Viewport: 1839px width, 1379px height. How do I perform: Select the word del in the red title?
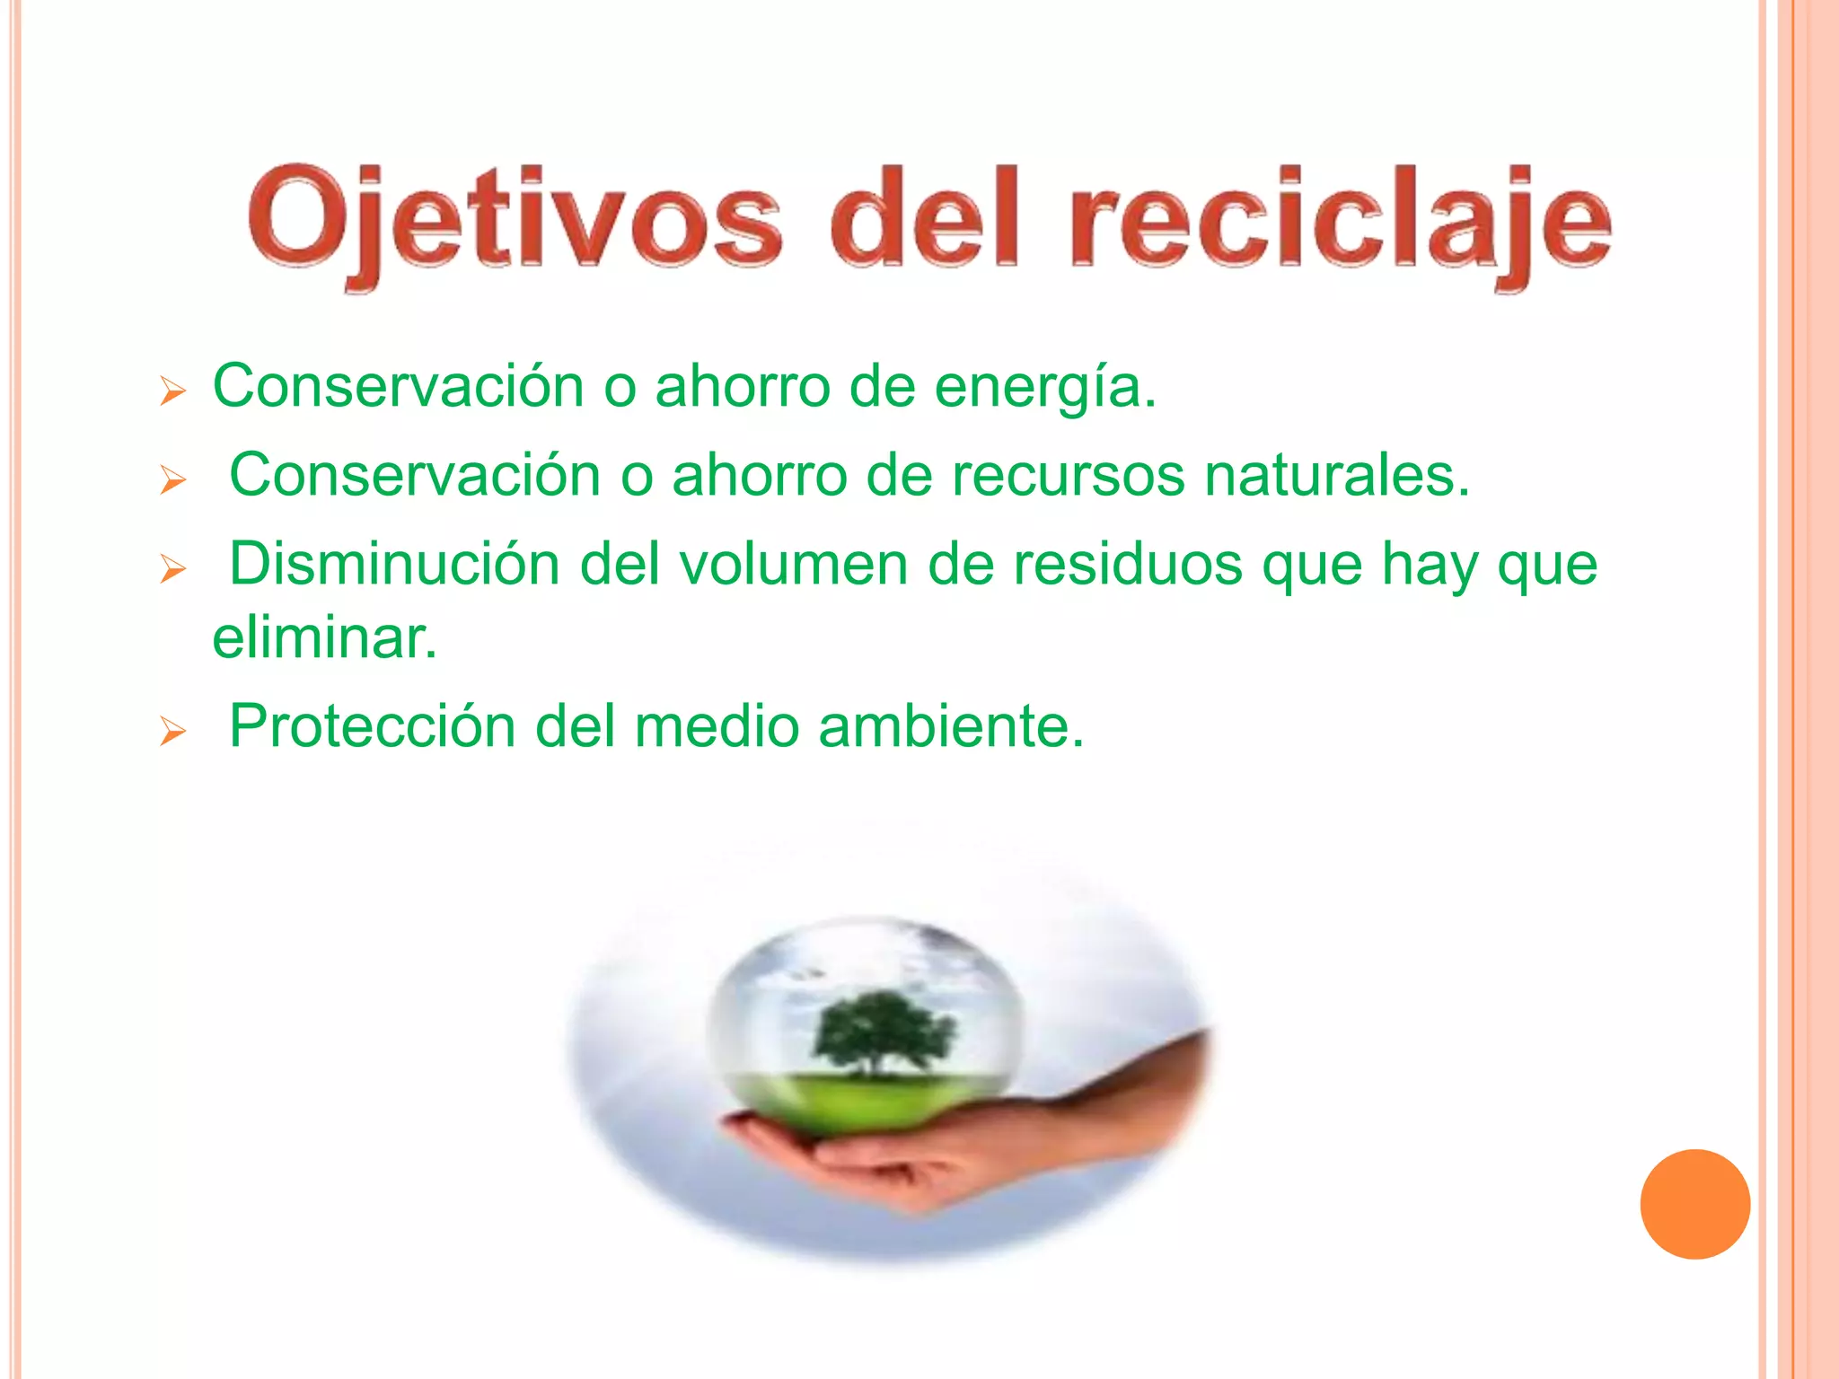click(925, 220)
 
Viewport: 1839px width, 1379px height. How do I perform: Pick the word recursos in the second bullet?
click(1068, 476)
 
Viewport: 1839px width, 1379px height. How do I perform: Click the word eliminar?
click(324, 639)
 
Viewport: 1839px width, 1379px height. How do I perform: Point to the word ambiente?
click(951, 726)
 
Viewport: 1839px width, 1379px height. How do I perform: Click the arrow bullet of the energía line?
click(172, 391)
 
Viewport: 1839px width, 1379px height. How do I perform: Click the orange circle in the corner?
click(1694, 1204)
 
